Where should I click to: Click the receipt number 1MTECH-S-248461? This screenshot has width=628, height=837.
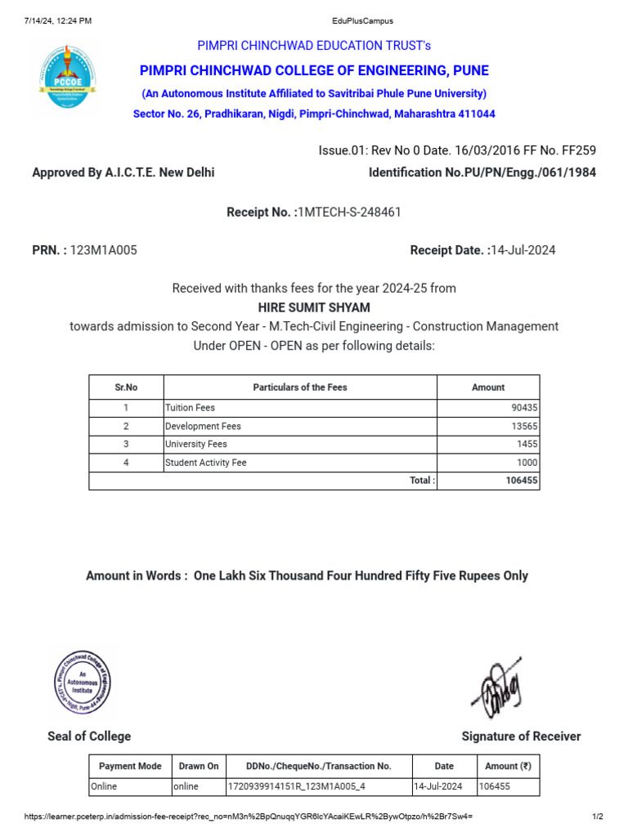pyautogui.click(x=348, y=213)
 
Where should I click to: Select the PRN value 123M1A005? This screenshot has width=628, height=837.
pyautogui.click(x=104, y=250)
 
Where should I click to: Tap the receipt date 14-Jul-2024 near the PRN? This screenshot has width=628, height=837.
pyautogui.click(x=523, y=250)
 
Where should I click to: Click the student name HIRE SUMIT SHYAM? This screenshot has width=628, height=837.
pyautogui.click(x=314, y=307)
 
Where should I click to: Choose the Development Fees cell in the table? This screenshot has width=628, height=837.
pyautogui.click(x=204, y=426)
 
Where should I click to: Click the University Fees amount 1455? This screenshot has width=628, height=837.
pyautogui.click(x=527, y=444)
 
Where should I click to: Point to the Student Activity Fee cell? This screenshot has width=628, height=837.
pyautogui.click(x=206, y=463)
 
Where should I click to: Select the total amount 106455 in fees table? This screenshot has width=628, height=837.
pyautogui.click(x=521, y=481)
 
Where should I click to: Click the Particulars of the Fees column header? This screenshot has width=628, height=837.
pyautogui.click(x=300, y=387)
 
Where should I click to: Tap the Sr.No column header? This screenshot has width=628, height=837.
pyautogui.click(x=126, y=387)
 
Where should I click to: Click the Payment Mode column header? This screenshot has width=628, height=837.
pyautogui.click(x=130, y=766)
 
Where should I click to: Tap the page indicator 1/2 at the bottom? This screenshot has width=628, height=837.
pyautogui.click(x=597, y=817)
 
